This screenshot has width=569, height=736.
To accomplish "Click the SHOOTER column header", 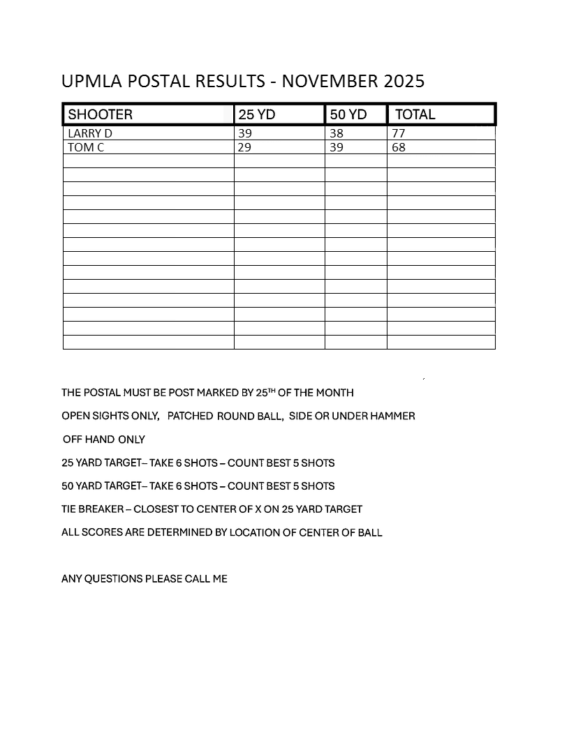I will click(101, 114).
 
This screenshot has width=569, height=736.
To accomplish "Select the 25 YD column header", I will click(257, 114).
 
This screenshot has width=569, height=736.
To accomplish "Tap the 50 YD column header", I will click(348, 114).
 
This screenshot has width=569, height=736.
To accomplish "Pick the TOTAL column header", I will click(415, 114).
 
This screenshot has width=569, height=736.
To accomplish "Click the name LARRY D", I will click(89, 133).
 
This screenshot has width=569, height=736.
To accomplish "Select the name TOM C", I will click(86, 147).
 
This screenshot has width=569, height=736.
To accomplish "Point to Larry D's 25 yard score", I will click(245, 133).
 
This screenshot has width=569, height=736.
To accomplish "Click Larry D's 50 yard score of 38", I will click(337, 133).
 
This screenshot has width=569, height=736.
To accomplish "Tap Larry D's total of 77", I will click(399, 133).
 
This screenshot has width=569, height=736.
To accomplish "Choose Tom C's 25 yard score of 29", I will click(245, 147).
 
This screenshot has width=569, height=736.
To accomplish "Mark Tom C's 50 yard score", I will click(337, 147).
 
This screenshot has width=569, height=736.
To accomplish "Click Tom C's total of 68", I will click(399, 147).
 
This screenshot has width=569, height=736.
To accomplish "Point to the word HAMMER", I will click(394, 416).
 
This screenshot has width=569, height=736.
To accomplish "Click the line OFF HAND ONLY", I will click(104, 440).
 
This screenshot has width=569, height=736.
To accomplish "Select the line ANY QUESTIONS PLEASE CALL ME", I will click(145, 579).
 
